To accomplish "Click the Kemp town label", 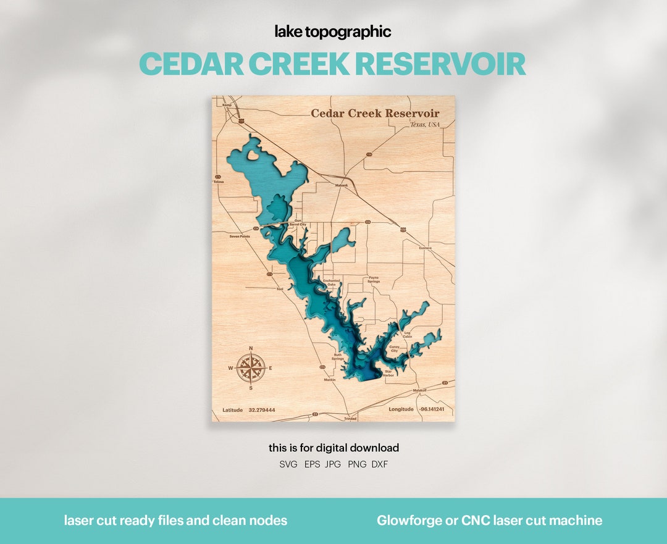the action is (x=227, y=106).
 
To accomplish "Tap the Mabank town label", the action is (x=342, y=185).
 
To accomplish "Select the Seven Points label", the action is (x=240, y=236).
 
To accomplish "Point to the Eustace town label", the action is (x=426, y=248).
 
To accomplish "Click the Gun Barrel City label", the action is (x=298, y=222).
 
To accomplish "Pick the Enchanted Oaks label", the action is (x=332, y=282).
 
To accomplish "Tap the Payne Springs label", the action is (x=374, y=280).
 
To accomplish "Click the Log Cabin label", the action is (x=407, y=335).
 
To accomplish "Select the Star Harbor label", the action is (x=388, y=374).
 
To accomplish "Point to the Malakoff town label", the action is (x=420, y=390).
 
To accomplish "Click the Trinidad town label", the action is (x=350, y=419).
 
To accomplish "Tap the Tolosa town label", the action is (x=219, y=182).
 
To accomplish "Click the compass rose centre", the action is (x=251, y=368).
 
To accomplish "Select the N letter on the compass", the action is (x=251, y=348).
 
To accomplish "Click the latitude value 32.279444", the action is (x=262, y=410).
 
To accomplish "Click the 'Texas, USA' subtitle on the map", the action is (x=425, y=125).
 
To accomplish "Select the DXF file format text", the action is (x=380, y=464).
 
